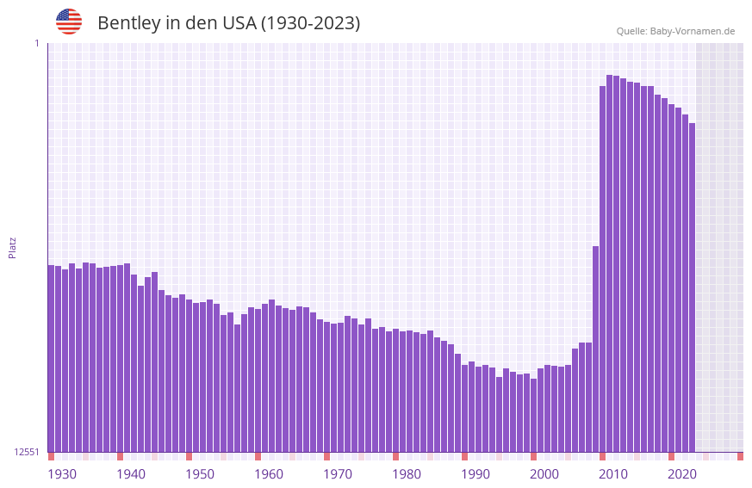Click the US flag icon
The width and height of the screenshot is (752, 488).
tap(69, 22)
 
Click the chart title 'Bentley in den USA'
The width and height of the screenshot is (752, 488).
tap(228, 23)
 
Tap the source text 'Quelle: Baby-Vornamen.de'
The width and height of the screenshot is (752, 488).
tap(675, 31)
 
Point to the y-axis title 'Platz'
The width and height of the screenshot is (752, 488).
tap(12, 247)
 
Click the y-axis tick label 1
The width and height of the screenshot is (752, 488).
tap(36, 43)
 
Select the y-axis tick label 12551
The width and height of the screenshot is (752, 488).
tap(27, 452)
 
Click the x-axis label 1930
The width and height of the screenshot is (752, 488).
tap(62, 474)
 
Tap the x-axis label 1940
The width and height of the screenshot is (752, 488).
tap(131, 474)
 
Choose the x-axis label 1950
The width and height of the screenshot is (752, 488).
tap(200, 474)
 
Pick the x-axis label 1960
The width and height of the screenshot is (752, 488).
tap(269, 474)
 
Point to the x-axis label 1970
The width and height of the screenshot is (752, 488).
tap(338, 474)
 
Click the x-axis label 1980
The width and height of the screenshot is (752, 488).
tap(407, 474)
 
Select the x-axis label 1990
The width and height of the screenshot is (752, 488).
tap(475, 474)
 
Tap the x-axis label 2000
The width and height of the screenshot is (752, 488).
tap(544, 474)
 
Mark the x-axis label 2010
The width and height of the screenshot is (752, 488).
tap(613, 474)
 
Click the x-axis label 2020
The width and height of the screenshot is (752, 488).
tap(682, 474)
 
